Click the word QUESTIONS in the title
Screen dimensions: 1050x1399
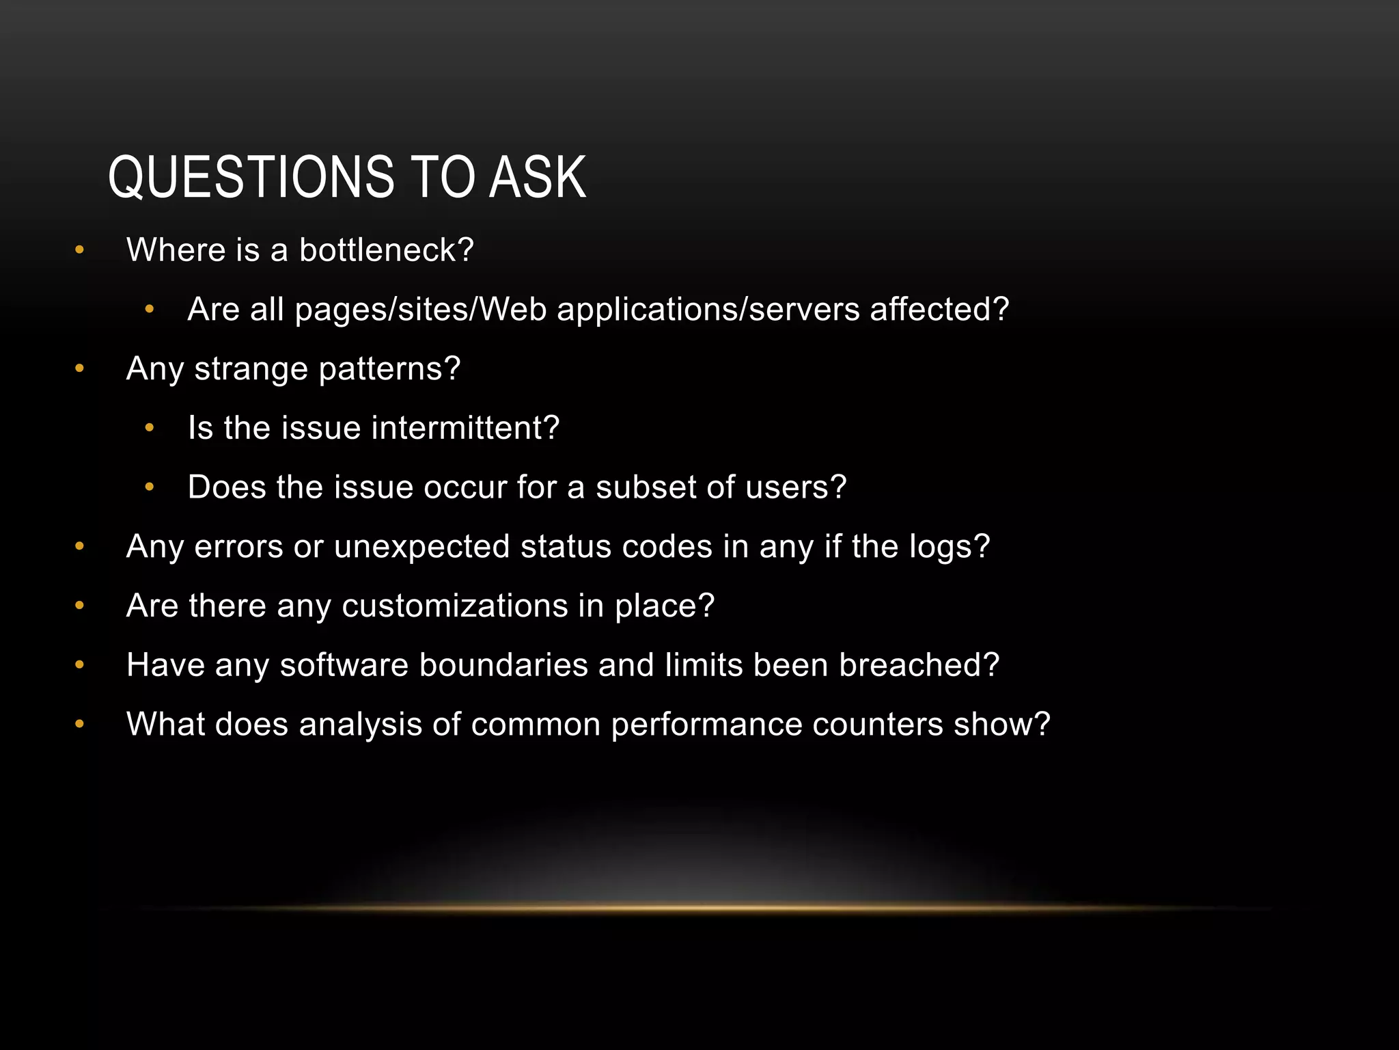[x=251, y=178]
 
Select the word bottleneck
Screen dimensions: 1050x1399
[x=386, y=250]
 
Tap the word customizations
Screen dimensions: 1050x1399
[x=455, y=606]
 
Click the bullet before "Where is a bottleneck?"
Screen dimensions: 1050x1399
[x=80, y=250]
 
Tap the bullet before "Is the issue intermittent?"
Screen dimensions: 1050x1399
[x=150, y=429]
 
